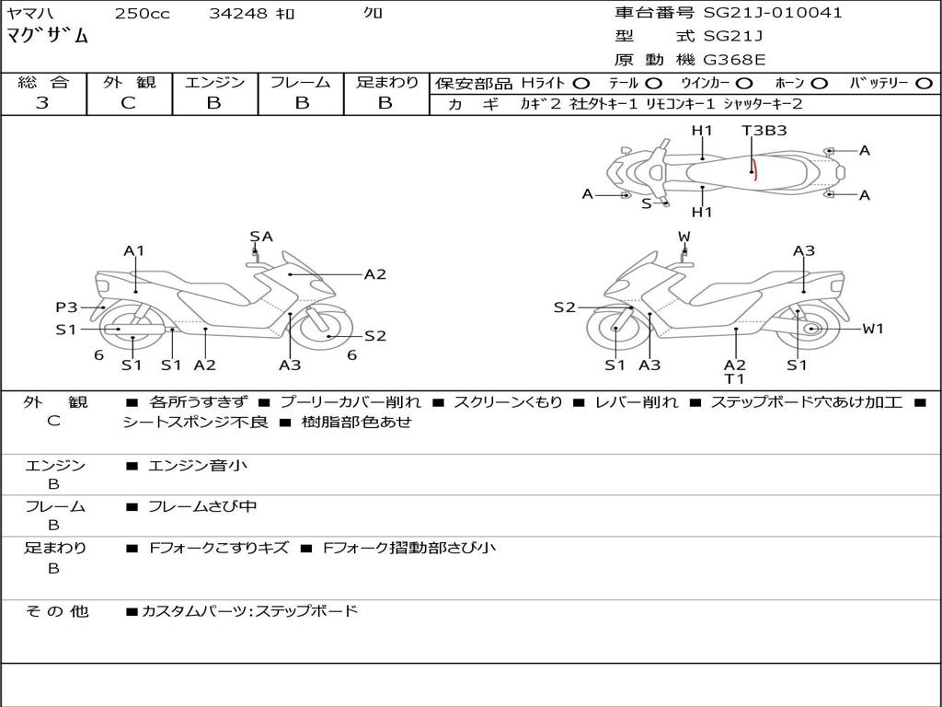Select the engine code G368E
pos(736,60)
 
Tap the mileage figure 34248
pos(237,14)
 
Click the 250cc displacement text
pos(143,14)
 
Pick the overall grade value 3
pos(42,103)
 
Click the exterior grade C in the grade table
pos(129,103)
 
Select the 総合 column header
pos(43,82)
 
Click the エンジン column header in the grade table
pos(214,82)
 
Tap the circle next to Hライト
pos(581,83)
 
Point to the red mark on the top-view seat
pos(752,169)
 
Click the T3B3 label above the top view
pos(764,131)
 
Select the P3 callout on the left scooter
pos(66,307)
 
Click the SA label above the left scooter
pos(261,237)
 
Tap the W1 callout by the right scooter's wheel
pos(872,329)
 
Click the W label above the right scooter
pos(684,237)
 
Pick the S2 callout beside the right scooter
pos(564,307)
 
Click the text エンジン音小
pos(198,466)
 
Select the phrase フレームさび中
pos(202,506)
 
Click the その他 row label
pos(57,611)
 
